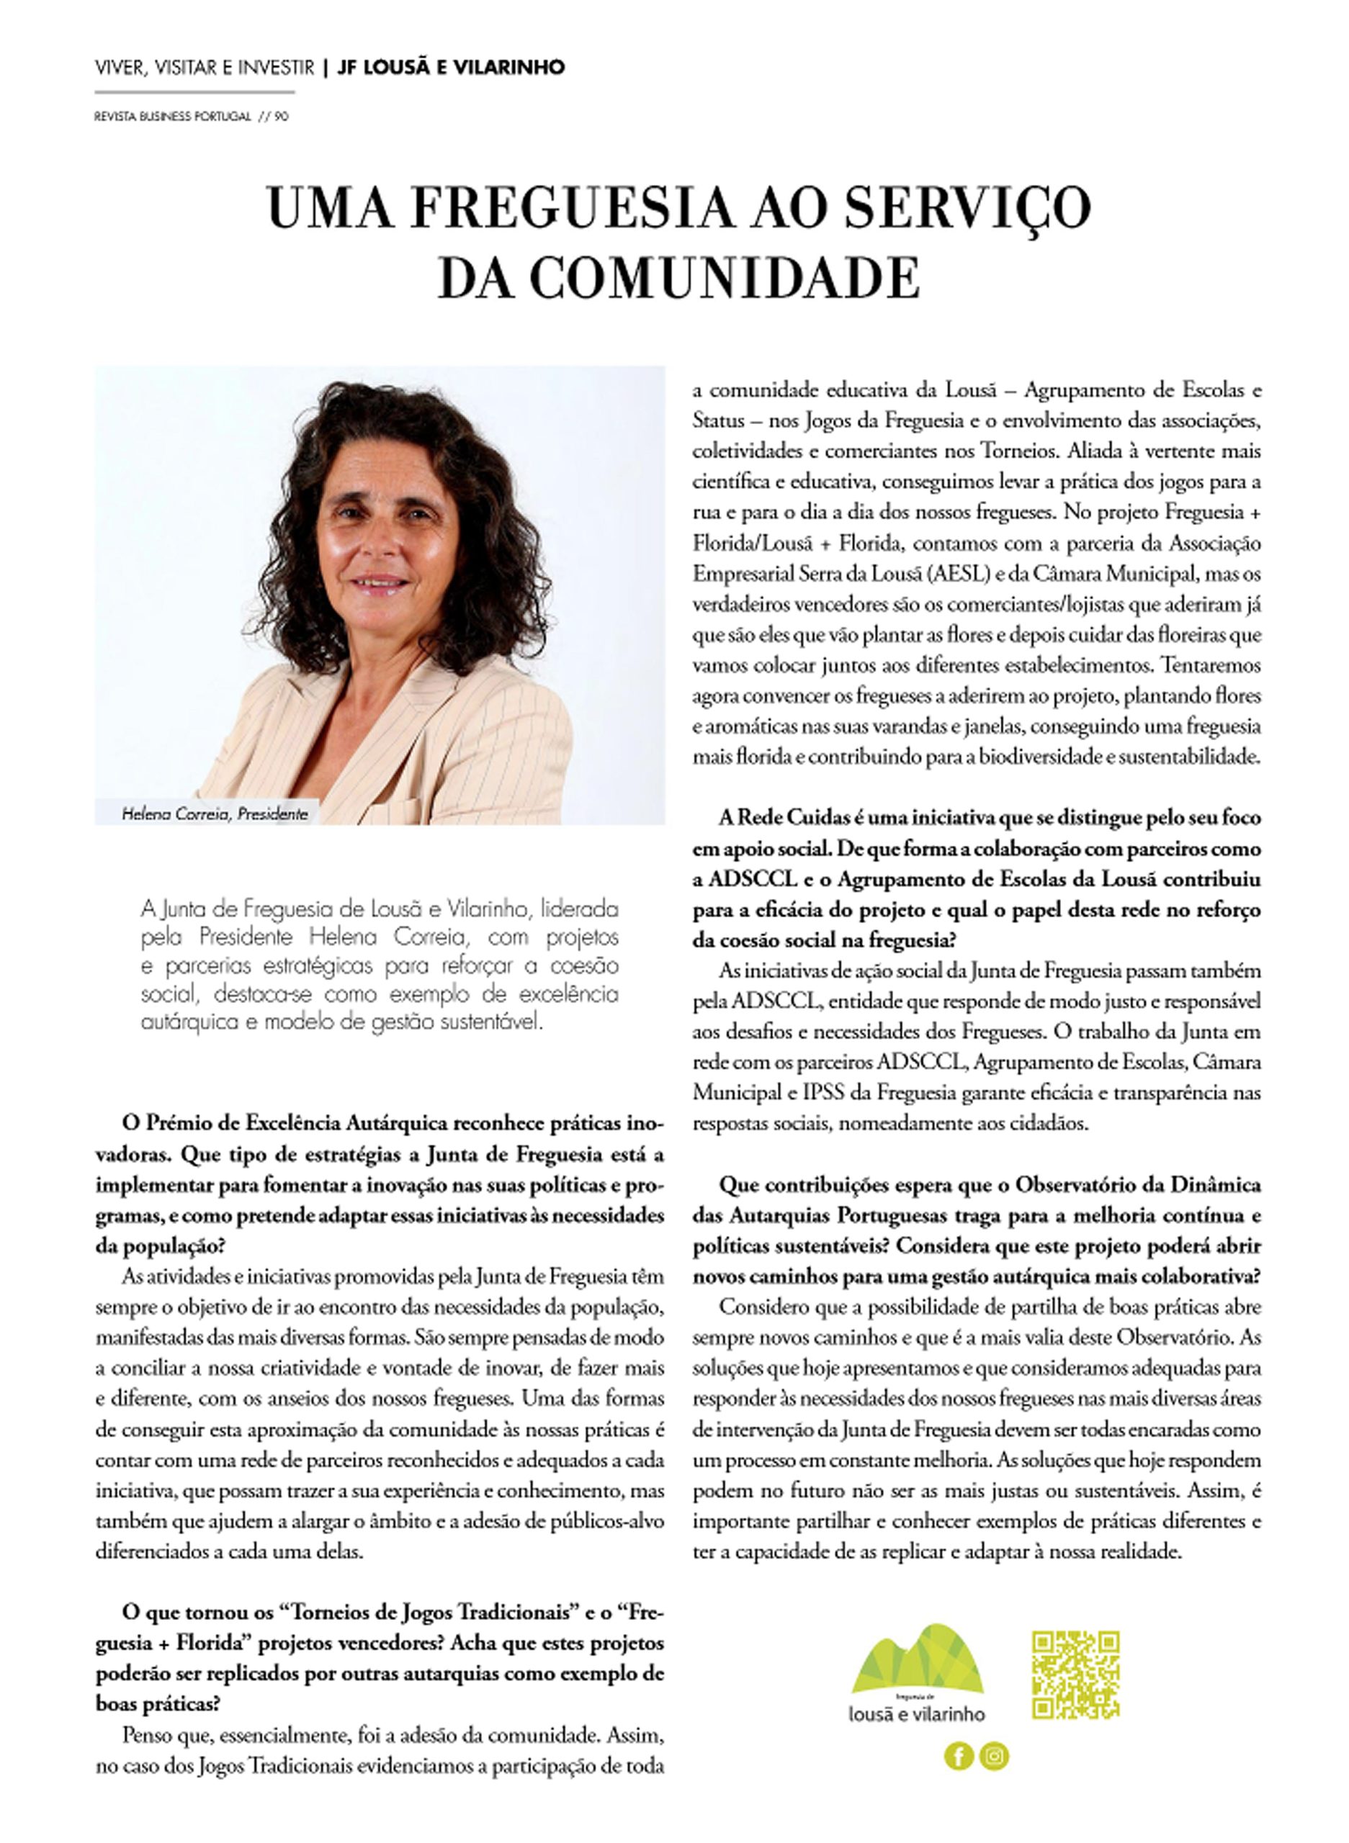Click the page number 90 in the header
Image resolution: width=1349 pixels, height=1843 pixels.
coord(281,117)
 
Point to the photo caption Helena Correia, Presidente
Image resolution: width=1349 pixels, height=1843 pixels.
coord(215,814)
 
